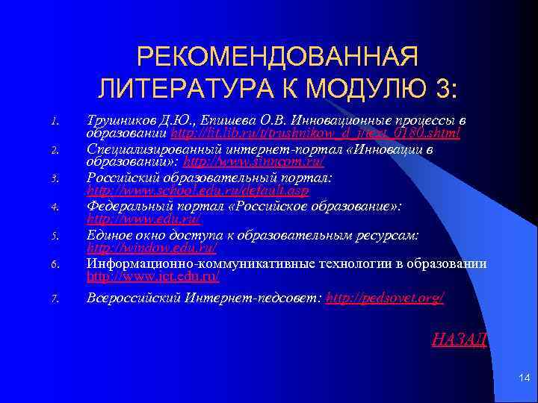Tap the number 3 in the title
443,90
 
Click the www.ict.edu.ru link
153,276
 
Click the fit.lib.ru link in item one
315,133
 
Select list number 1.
55,122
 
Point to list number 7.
55,299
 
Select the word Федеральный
123,206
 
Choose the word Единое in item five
108,234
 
